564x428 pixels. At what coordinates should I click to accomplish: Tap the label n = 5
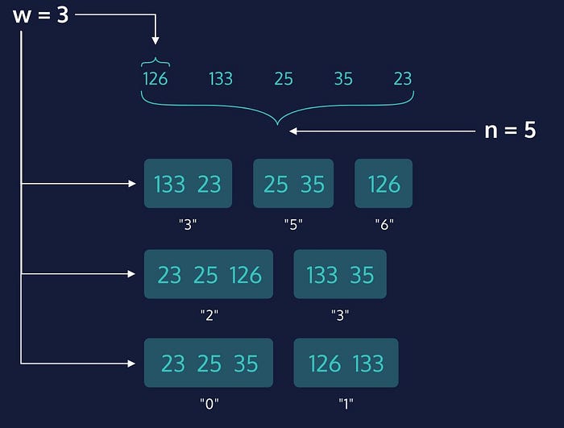tap(509, 130)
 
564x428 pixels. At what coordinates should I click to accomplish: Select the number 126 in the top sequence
tap(155, 78)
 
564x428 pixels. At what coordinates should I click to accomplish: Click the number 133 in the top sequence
tap(220, 78)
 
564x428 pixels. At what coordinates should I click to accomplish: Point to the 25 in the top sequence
tap(284, 78)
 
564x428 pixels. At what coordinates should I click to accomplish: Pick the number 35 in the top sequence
tap(343, 78)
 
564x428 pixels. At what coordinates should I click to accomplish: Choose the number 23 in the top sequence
tap(403, 78)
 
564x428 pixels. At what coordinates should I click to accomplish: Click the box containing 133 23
tap(188, 184)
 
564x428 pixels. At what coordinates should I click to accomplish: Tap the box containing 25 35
tap(293, 184)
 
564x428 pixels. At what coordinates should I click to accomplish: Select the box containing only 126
tap(384, 184)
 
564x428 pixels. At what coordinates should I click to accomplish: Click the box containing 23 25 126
tap(209, 275)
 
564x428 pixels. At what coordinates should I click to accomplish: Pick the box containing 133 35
tap(340, 275)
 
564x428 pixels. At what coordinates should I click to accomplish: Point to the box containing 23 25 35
tap(209, 363)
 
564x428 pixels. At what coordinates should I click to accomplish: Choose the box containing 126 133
tap(346, 363)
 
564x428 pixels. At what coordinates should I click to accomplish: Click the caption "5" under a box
tap(293, 225)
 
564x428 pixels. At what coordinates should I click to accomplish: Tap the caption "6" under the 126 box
tap(384, 225)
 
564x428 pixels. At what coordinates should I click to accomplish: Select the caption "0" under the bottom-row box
tap(209, 402)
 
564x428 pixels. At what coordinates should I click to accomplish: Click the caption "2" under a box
tap(209, 315)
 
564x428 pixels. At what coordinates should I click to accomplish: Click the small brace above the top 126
tap(155, 61)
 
